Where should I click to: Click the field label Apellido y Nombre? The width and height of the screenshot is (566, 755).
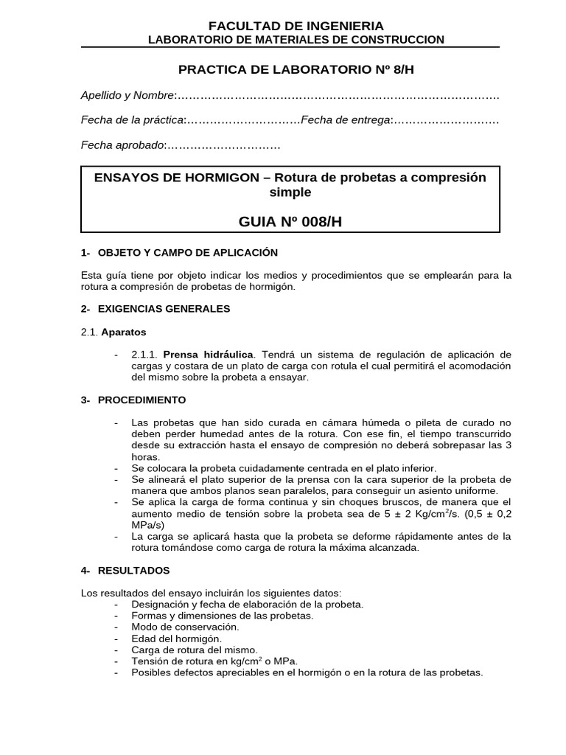tap(127, 95)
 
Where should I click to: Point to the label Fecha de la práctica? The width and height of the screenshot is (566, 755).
tap(132, 120)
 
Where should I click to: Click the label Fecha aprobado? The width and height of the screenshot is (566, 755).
tap(122, 145)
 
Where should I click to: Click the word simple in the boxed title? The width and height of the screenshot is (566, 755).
tap(290, 192)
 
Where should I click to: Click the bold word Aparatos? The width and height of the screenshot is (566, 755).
tap(124, 333)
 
